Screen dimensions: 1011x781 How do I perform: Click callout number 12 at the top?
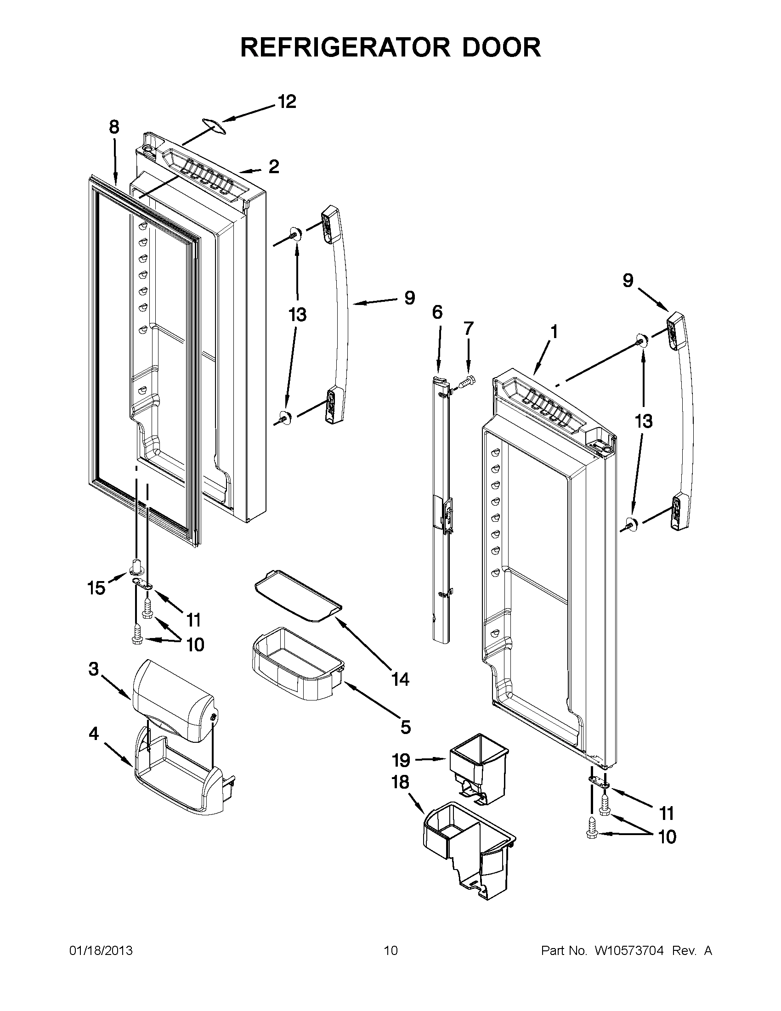pos(287,102)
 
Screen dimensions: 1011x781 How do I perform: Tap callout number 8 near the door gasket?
pos(114,127)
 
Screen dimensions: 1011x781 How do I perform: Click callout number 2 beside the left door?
pos(274,167)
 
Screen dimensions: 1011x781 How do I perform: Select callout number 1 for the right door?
pos(554,332)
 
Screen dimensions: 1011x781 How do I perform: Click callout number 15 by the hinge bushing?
pos(96,588)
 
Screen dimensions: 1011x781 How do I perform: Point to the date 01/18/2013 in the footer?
pos(101,951)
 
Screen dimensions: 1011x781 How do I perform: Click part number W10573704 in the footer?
pos(629,951)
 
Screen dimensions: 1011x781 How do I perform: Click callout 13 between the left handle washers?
pos(297,315)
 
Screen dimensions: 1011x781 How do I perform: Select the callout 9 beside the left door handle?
pos(409,298)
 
